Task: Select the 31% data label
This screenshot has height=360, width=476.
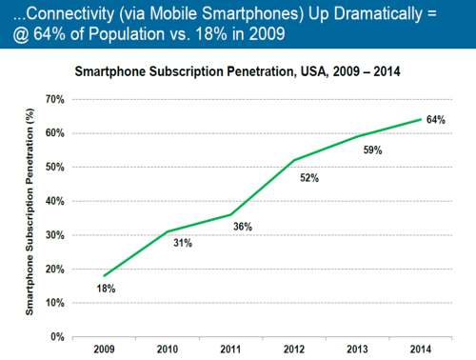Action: coord(182,244)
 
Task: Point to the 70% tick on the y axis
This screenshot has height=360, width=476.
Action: coord(53,99)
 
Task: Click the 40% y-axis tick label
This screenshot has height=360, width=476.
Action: coord(53,201)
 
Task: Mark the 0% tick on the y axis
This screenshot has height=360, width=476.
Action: coord(56,336)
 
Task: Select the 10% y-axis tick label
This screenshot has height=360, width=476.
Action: coord(53,303)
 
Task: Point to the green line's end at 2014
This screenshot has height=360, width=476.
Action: coord(422,119)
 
